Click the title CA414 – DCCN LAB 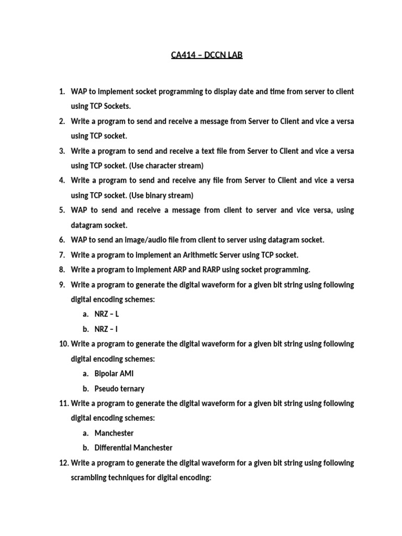(x=207, y=55)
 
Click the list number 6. (x=61, y=240)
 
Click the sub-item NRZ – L (x=107, y=315)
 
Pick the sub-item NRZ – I (x=106, y=329)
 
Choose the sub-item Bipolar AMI (x=114, y=374)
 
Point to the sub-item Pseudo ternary (x=119, y=389)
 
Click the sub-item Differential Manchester (x=133, y=448)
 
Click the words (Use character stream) (x=168, y=165)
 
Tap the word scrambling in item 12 (x=90, y=478)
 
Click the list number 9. (x=61, y=285)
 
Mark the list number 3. (x=61, y=151)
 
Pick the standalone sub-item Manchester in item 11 (x=114, y=433)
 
